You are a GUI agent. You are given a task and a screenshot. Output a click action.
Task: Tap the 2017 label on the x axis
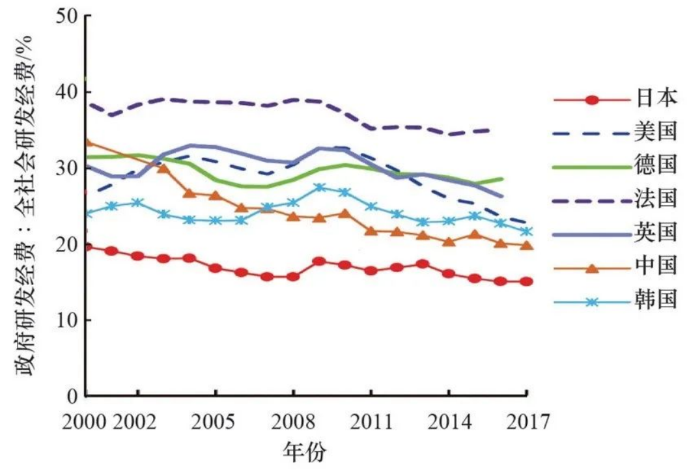[x=526, y=421]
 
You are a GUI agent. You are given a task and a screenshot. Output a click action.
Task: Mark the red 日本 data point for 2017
[x=526, y=282]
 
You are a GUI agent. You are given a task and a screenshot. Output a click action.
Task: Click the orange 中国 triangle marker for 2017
[x=526, y=245]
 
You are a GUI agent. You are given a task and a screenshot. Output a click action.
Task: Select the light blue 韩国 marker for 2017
[x=526, y=232]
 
